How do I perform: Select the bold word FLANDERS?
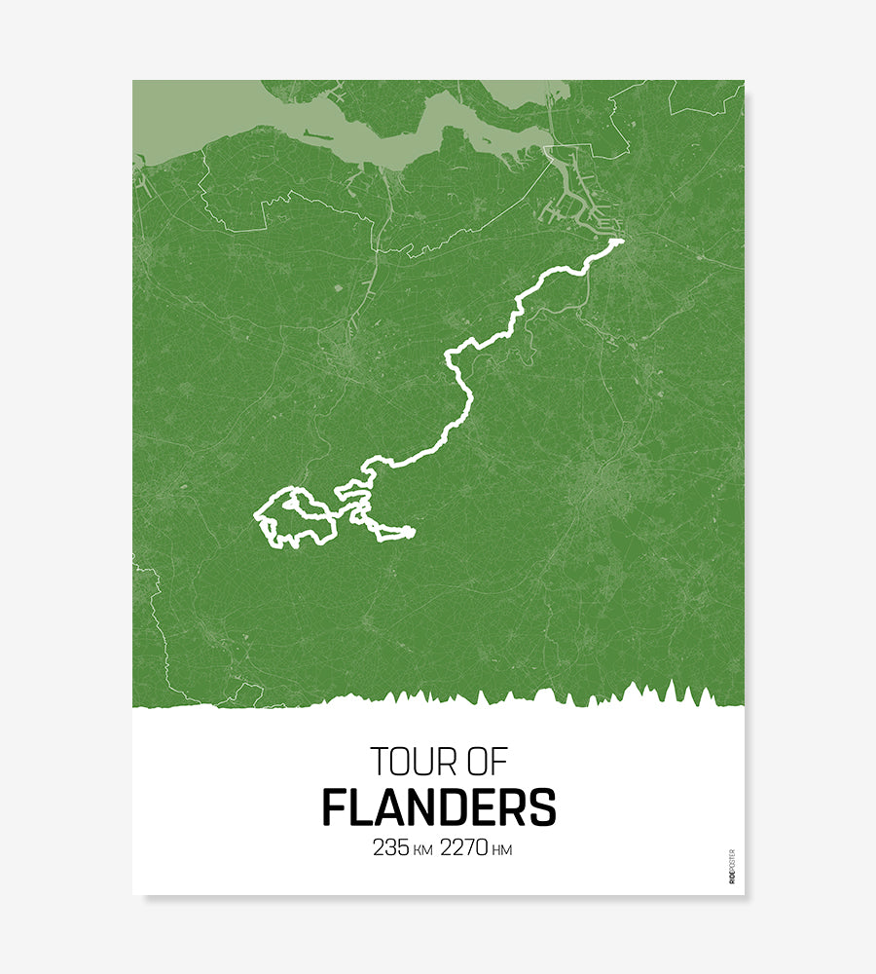click(439, 807)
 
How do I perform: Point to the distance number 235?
click(390, 848)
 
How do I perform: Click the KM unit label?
click(422, 850)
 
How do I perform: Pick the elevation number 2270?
click(463, 848)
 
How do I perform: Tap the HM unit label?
click(502, 850)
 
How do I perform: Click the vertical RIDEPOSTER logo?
click(732, 866)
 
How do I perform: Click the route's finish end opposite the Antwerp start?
click(412, 532)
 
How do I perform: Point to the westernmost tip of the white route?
click(256, 514)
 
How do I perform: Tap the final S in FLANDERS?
click(543, 807)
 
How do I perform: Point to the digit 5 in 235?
click(403, 848)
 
